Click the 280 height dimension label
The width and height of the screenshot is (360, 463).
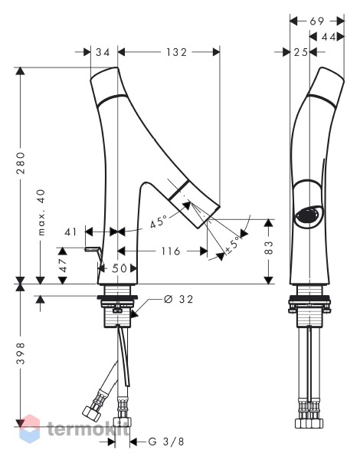pyautogui.click(x=21, y=163)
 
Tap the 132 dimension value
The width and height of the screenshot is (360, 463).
pyautogui.click(x=176, y=52)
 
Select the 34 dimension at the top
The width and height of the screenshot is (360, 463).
pyautogui.click(x=103, y=52)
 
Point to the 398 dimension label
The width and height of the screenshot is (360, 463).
pyautogui.click(x=21, y=353)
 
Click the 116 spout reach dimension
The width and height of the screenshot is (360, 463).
pyautogui.click(x=171, y=251)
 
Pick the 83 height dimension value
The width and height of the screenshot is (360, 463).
pyautogui.click(x=269, y=248)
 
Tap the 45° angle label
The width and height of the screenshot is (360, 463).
pyautogui.click(x=159, y=222)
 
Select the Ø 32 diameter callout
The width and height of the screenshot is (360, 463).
pyautogui.click(x=178, y=300)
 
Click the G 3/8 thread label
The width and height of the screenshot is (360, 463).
pyautogui.click(x=166, y=442)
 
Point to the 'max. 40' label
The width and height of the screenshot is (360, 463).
pyautogui.click(x=41, y=212)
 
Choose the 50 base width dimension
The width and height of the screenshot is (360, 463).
pyautogui.click(x=119, y=268)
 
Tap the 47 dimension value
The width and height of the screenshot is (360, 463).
pyautogui.click(x=63, y=265)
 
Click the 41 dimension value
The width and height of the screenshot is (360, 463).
pyautogui.click(x=70, y=231)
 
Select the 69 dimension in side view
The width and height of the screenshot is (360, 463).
pyautogui.click(x=317, y=21)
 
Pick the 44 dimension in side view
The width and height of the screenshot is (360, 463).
pyautogui.click(x=329, y=37)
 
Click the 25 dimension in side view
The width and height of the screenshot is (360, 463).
pyautogui.click(x=301, y=53)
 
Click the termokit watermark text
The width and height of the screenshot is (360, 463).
pyautogui.click(x=89, y=429)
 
